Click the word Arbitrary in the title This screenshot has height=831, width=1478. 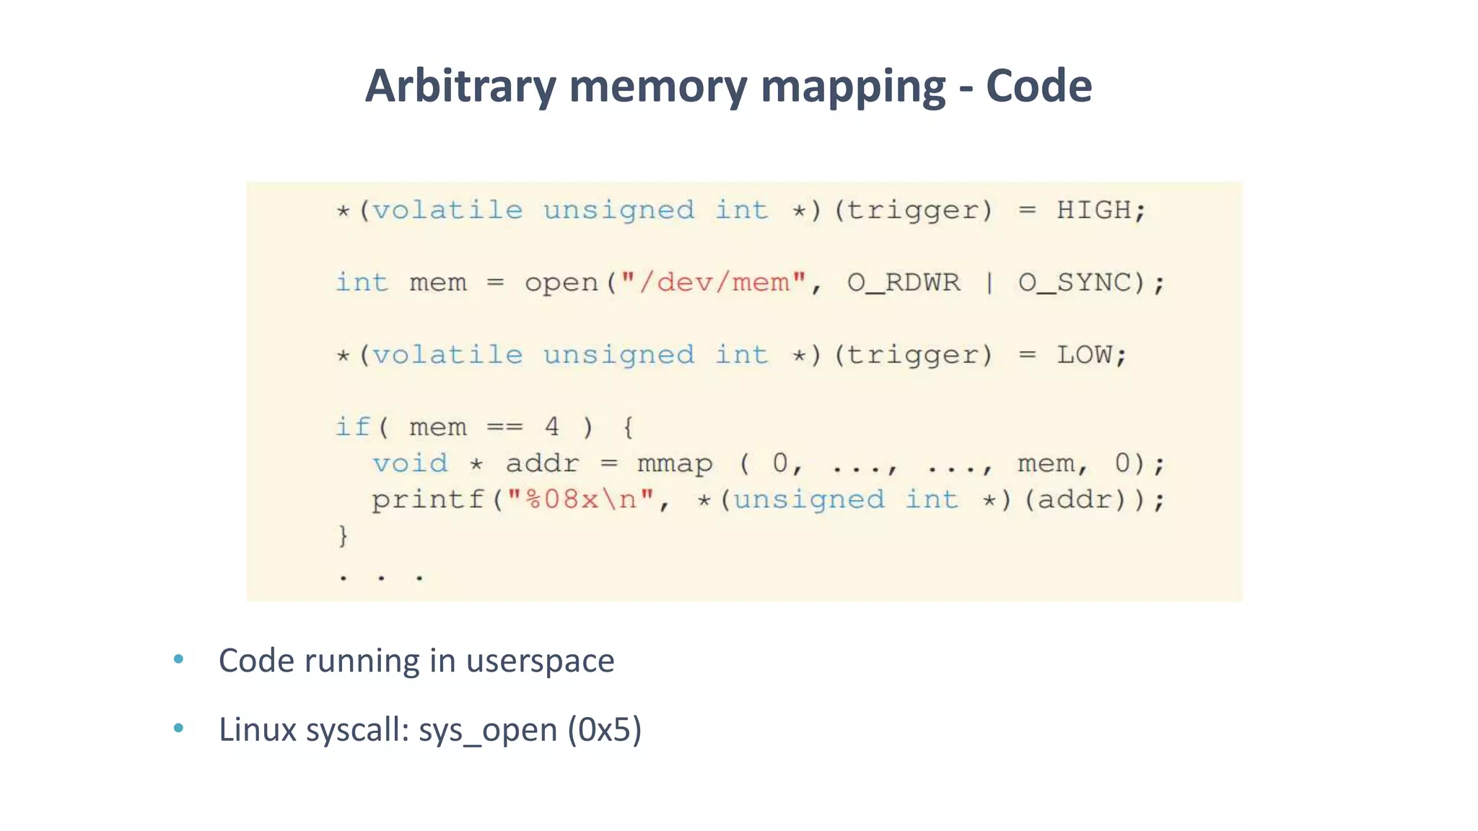click(460, 87)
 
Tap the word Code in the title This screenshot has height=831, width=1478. click(1038, 87)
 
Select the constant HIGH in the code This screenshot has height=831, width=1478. click(1093, 211)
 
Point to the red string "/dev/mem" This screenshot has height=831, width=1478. click(712, 282)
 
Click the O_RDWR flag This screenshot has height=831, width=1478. click(904, 282)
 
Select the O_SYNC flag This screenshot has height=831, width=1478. click(1075, 282)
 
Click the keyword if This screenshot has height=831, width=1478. click(352, 427)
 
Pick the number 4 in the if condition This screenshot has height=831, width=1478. click(552, 427)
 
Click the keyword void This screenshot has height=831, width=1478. click(410, 463)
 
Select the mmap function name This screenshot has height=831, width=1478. click(675, 464)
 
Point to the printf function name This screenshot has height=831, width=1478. click(427, 499)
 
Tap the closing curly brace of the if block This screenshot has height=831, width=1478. click(344, 536)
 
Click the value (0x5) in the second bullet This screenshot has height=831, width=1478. click(604, 730)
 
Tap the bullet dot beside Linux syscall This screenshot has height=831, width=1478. click(178, 729)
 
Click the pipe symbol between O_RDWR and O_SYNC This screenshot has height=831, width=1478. click(989, 282)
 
